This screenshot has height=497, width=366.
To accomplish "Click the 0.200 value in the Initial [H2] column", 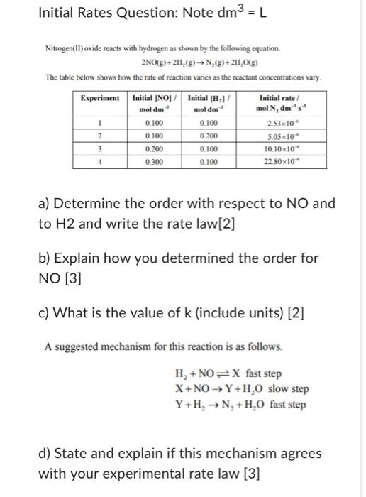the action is (x=210, y=136).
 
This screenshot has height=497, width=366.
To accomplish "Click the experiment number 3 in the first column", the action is (x=101, y=149).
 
